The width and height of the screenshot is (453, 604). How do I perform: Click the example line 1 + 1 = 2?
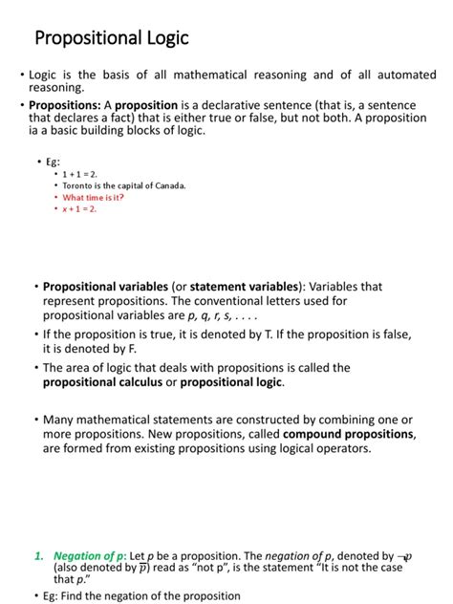click(x=80, y=175)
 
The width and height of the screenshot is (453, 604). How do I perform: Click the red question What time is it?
click(x=94, y=197)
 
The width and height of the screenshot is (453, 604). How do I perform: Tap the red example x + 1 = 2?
click(x=80, y=208)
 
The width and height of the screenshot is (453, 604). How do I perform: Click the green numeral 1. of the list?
click(x=39, y=555)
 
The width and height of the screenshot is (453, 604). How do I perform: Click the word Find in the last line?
click(x=74, y=596)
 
